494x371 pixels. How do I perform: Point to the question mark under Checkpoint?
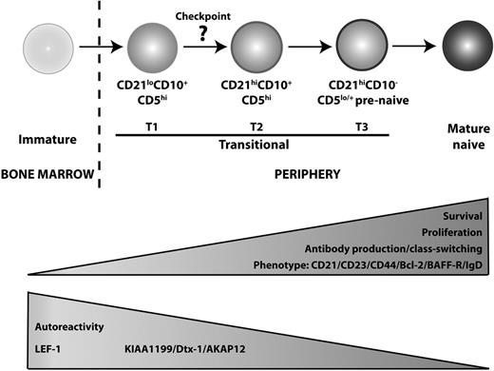[201, 32]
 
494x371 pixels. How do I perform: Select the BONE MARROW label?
[46, 173]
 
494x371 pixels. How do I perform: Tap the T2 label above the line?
[254, 125]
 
